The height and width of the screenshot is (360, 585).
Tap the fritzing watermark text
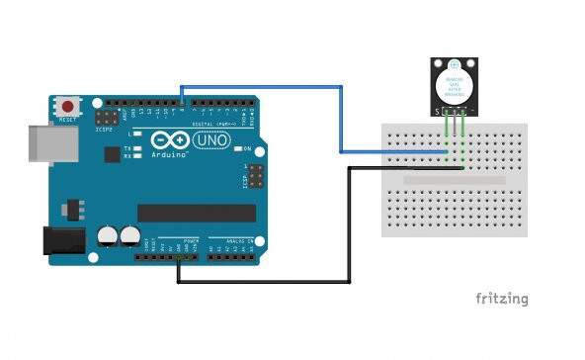point(501,298)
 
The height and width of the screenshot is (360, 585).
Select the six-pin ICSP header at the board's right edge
point(254,178)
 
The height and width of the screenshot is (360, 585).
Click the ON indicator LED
point(236,148)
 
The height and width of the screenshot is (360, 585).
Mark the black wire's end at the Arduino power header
point(179,259)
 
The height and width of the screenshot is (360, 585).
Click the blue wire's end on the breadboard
point(446,151)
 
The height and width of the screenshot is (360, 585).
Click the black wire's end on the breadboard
point(462,168)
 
